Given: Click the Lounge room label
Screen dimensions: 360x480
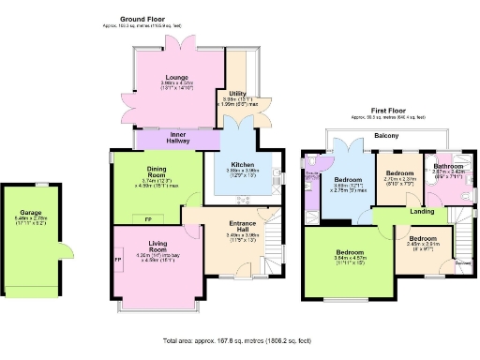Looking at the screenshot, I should (x=177, y=77).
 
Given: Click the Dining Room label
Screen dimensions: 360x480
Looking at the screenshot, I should (x=155, y=172).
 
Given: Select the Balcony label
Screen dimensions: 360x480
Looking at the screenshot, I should (x=386, y=136).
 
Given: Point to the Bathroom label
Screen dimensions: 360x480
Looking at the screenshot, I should (x=448, y=165).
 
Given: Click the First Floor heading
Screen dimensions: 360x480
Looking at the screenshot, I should (x=386, y=111).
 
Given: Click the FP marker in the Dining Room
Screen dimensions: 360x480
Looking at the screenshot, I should (x=148, y=217).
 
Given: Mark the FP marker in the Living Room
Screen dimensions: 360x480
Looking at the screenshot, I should (x=118, y=258).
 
